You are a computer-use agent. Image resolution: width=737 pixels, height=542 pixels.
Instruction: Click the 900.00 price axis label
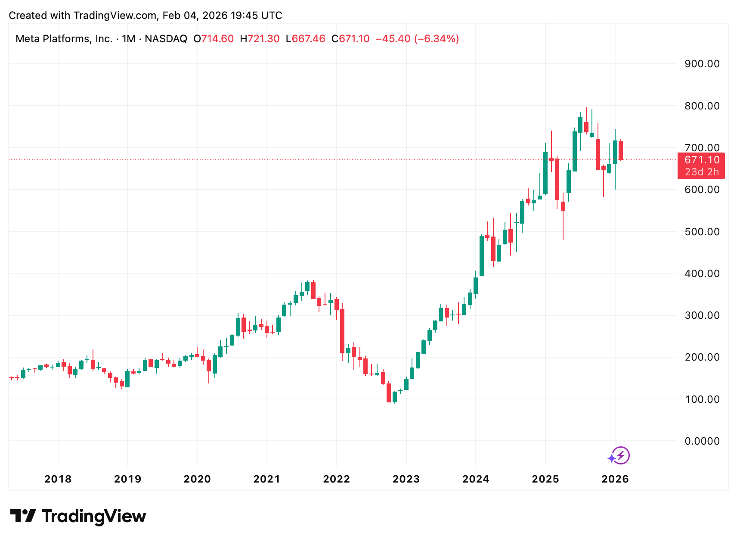(702, 64)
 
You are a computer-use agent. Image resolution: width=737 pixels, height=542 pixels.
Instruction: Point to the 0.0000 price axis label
(702, 441)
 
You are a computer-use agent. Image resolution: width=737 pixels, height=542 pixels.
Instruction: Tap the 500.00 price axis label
(702, 232)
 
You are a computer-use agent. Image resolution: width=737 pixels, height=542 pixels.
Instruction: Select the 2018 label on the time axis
(58, 479)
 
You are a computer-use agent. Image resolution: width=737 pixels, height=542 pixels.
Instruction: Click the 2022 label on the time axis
(336, 479)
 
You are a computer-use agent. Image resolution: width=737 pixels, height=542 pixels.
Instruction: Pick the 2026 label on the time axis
(615, 479)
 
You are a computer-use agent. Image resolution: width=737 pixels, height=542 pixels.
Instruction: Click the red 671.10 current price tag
(702, 160)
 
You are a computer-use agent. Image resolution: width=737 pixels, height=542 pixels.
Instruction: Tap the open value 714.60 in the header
(217, 39)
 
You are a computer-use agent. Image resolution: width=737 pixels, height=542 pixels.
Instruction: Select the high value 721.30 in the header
(263, 39)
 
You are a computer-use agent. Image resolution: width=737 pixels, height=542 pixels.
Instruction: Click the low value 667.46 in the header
(308, 39)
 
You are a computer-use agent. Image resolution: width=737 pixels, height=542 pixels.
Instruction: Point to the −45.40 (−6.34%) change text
(417, 39)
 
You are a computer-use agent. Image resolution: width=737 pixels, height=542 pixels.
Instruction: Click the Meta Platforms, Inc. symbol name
(64, 39)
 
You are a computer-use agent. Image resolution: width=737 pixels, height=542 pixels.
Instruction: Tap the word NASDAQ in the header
(166, 39)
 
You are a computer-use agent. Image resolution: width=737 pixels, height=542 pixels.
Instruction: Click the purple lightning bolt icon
(621, 455)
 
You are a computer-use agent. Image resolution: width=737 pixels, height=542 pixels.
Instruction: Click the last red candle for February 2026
(621, 151)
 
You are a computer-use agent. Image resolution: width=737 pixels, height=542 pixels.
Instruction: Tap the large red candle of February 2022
(342, 331)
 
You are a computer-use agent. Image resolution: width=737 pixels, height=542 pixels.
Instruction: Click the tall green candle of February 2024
(482, 256)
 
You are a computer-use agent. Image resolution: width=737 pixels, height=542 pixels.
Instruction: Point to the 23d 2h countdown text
(702, 172)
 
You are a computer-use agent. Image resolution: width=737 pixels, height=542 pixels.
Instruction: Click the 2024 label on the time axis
(476, 479)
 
